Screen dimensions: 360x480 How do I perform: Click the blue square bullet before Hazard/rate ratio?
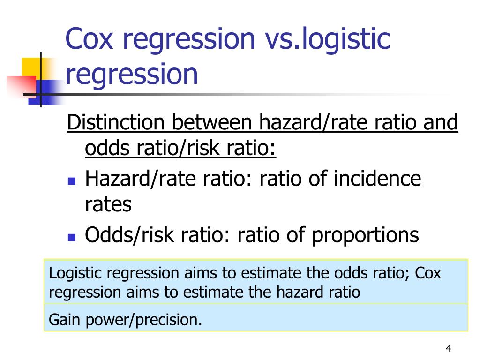click(72, 181)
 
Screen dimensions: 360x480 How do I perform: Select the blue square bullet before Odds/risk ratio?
click(72, 237)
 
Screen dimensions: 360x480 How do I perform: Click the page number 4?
click(449, 348)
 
